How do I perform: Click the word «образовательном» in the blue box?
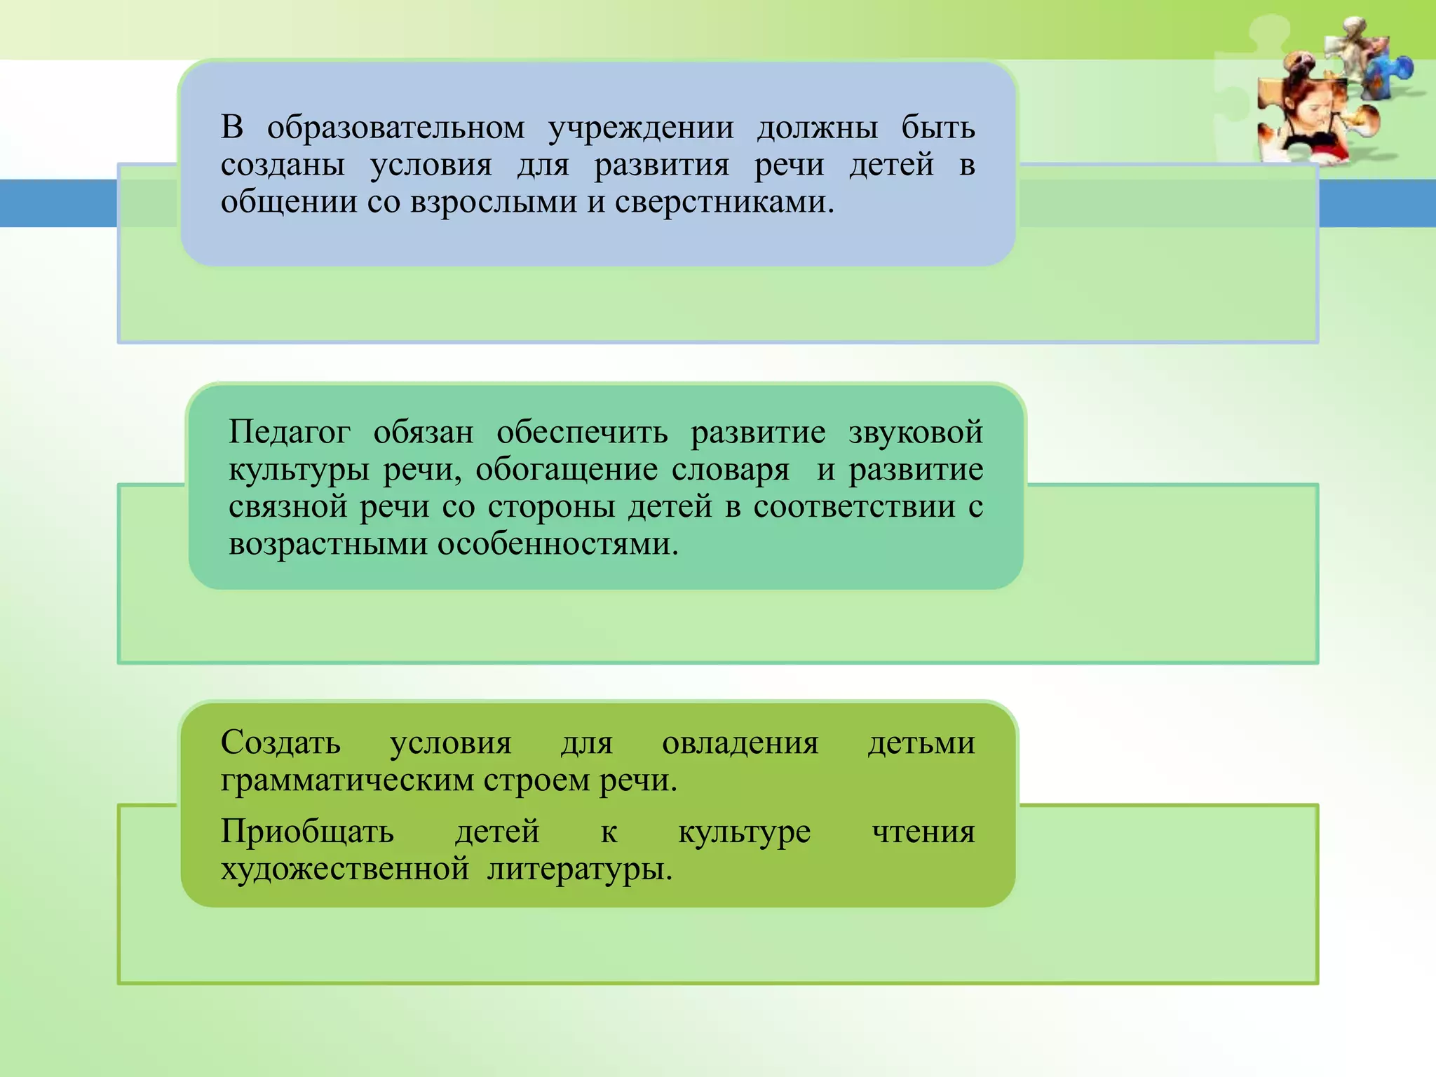point(395,128)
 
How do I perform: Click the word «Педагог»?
point(289,433)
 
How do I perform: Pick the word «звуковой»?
point(915,433)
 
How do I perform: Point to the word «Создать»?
point(280,743)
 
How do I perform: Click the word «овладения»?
point(740,743)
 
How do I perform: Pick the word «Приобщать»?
point(307,832)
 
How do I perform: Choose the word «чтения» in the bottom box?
point(923,832)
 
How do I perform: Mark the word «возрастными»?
point(327,544)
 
